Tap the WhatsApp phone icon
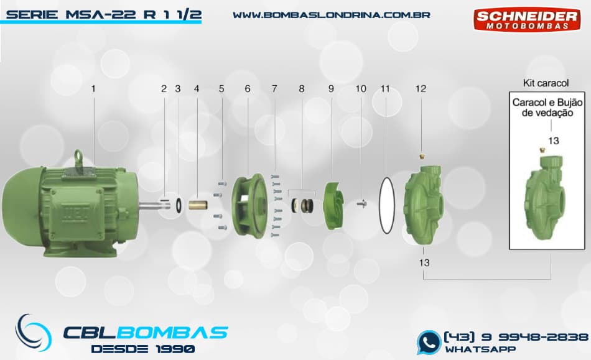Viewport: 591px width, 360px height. pos(428,342)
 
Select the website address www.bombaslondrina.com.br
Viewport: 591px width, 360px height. pos(331,14)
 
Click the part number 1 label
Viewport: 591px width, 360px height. pos(93,89)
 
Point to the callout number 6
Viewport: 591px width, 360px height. pos(248,89)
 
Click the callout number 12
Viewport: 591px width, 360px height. pos(421,89)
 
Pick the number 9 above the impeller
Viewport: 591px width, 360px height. pos(332,89)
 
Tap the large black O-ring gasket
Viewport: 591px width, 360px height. pos(386,205)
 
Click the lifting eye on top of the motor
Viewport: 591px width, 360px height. pos(79,155)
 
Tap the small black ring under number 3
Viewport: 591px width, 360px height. pos(179,203)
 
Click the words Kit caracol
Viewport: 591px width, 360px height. pos(546,83)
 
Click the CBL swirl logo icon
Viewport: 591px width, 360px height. pos(34,333)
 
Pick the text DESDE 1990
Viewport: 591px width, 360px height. pos(142,349)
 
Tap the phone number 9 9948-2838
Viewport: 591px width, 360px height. pos(515,336)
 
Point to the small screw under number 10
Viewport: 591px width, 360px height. pos(360,203)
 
